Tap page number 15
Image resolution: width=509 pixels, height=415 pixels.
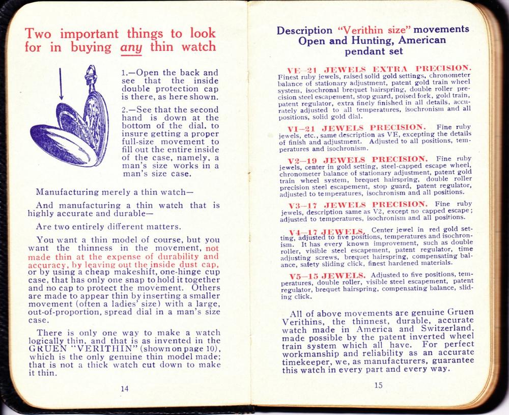(377, 385)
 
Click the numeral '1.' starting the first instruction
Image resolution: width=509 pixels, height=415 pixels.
(125, 73)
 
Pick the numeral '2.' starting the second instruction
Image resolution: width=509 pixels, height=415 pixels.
(125, 109)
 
